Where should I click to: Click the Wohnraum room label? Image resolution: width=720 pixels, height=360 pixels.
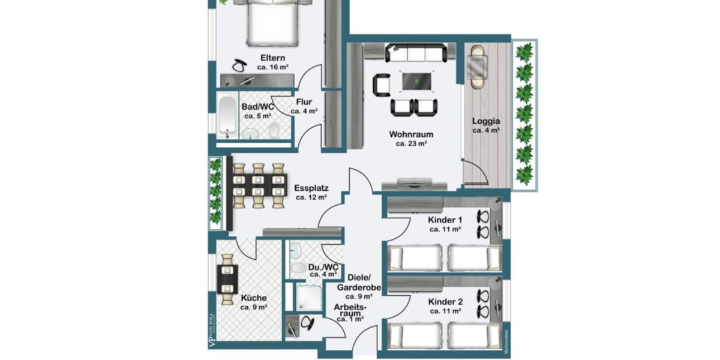click(x=410, y=134)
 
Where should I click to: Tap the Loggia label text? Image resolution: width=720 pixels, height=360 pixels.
click(x=485, y=120)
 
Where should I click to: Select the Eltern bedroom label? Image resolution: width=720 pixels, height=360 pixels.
click(x=272, y=58)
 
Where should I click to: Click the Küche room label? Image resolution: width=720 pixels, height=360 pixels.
click(x=254, y=298)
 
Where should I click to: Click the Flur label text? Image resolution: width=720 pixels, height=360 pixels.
click(x=304, y=102)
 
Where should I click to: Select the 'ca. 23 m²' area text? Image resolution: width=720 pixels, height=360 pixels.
click(x=410, y=143)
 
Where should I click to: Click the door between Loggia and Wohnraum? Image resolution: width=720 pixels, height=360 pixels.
click(x=475, y=174)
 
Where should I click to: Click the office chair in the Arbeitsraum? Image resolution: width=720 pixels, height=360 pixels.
click(x=307, y=323)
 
